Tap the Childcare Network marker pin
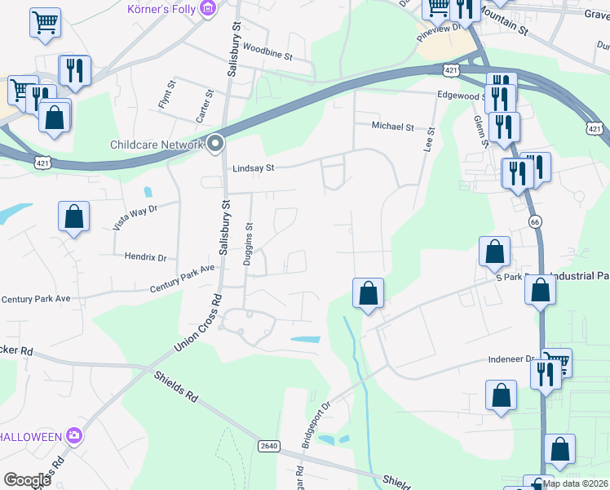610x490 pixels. pyautogui.click(x=215, y=145)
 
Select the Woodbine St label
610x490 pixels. pyautogui.click(x=267, y=54)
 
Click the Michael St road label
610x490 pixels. pyautogui.click(x=393, y=127)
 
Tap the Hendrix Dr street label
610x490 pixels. pyautogui.click(x=145, y=256)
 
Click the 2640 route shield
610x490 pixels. pyautogui.click(x=269, y=445)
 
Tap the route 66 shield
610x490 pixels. pyautogui.click(x=535, y=221)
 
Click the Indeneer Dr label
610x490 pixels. pyautogui.click(x=511, y=359)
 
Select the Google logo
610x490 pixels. pyautogui.click(x=27, y=479)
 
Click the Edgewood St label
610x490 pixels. pyautogui.click(x=461, y=96)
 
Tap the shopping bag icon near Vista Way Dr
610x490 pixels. pyautogui.click(x=73, y=217)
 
